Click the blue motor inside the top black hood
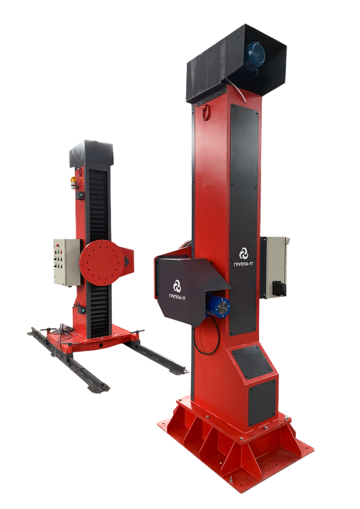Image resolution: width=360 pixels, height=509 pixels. pos(255,58)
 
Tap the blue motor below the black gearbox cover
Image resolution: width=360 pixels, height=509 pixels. pos(218,305)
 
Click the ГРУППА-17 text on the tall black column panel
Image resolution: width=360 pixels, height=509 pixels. pos(244,264)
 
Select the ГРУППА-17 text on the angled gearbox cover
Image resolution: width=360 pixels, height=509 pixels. pos(177,297)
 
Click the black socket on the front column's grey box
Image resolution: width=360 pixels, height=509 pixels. pos(279,288)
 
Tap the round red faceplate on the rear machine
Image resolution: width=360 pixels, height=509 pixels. pos(102,262)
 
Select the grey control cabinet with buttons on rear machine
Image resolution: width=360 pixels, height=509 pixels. pos(67,262)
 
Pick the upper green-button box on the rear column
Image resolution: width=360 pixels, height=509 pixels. pos(80,195)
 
